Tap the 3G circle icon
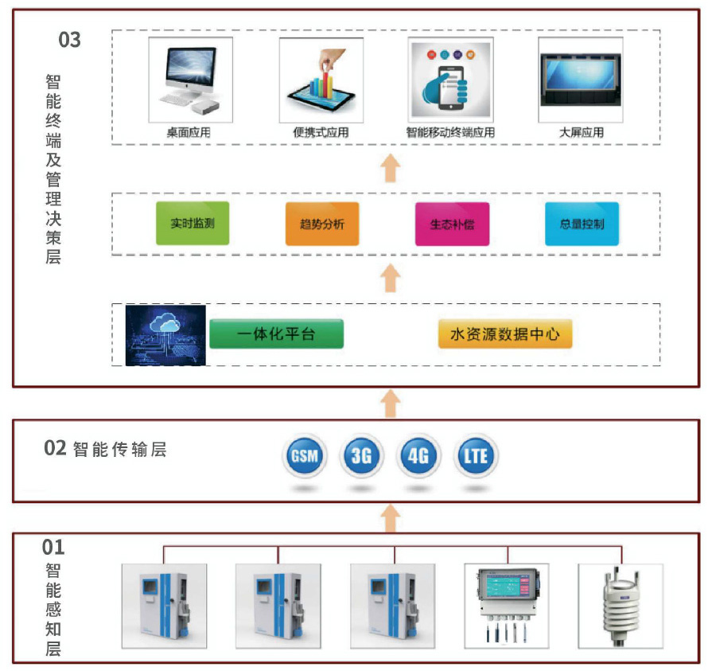click(361, 456)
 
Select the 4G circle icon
click(418, 456)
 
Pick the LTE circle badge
click(476, 456)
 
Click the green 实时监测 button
click(193, 224)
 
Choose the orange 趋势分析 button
click(322, 224)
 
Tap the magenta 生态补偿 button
click(452, 224)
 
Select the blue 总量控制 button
click(582, 224)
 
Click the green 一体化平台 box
click(276, 334)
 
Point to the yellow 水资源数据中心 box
click(505, 334)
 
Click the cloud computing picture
click(165, 335)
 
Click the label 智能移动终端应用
click(450, 133)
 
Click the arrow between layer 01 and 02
click(390, 520)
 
